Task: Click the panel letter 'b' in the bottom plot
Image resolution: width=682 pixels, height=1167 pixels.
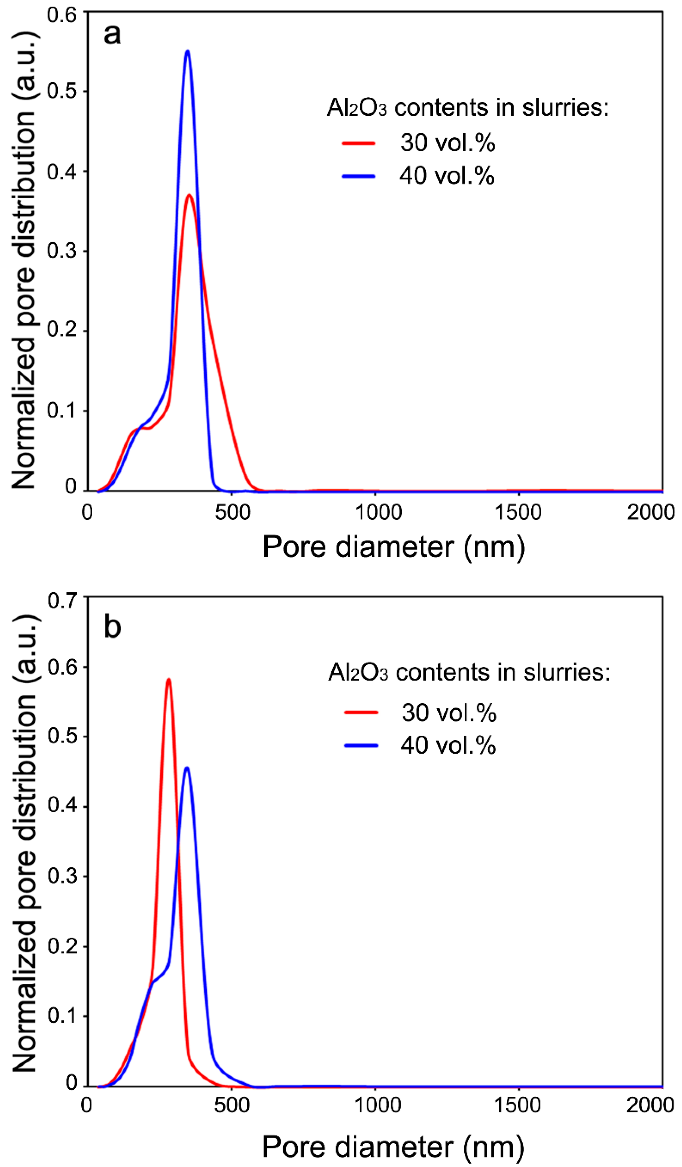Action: pos(112,627)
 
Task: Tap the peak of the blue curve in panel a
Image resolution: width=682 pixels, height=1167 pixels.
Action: pos(187,51)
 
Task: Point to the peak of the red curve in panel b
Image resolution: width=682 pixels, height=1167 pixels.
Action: pos(169,680)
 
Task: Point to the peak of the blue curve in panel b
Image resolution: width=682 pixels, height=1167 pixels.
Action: pos(186,768)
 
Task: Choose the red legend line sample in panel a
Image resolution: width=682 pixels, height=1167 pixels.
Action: pos(358,143)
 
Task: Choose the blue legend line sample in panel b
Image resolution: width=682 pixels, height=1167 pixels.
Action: pos(361,746)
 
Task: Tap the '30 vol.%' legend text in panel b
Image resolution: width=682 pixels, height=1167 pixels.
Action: pos(449,713)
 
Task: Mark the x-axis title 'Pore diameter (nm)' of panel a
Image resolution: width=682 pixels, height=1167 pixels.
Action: pos(393,548)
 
